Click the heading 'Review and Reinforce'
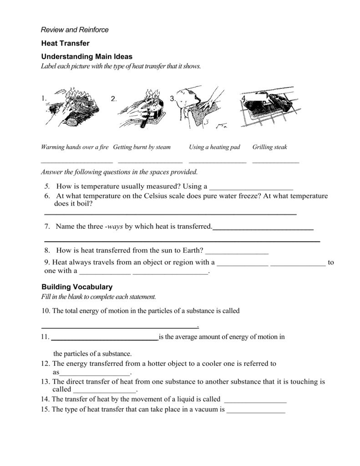(x=75, y=30)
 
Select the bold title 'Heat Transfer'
(x=66, y=43)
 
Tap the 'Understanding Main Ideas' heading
(x=86, y=56)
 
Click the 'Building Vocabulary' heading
(x=76, y=287)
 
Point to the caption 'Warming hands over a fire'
(x=75, y=147)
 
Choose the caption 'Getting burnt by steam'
(x=142, y=147)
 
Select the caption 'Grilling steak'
(x=269, y=147)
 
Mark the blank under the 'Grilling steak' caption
(x=275, y=162)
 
